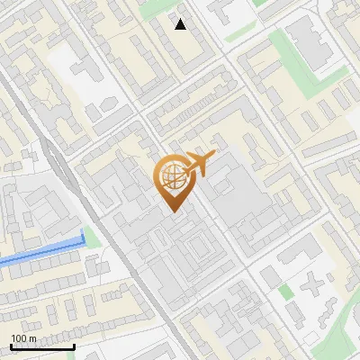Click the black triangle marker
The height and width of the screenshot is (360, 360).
coord(181,24)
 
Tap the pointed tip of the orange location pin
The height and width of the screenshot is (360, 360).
coord(175,211)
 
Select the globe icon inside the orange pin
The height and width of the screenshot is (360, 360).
coord(174,176)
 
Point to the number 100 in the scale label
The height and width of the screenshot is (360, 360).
coord(19,337)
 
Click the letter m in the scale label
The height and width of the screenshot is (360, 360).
coord(32,337)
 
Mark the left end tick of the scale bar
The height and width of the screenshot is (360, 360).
coord(11,345)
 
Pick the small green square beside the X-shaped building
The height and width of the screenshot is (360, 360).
coord(285,292)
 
